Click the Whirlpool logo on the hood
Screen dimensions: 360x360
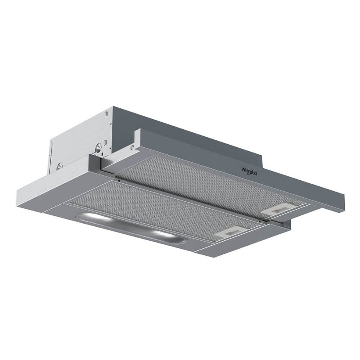click(x=249, y=172)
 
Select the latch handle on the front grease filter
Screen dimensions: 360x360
click(x=228, y=232)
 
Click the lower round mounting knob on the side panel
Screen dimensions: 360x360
click(x=60, y=166)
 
